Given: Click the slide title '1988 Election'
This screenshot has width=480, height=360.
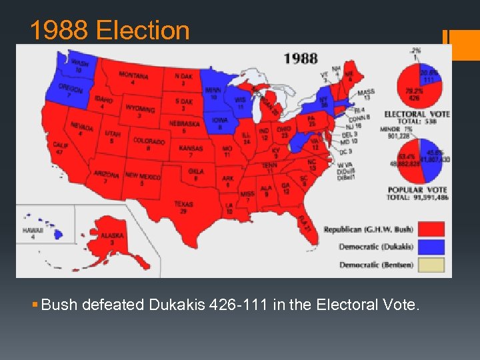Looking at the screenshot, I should coord(110,30).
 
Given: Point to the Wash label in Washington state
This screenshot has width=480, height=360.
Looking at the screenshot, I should coord(79,65).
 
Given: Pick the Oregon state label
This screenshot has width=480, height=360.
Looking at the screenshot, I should coord(70,91).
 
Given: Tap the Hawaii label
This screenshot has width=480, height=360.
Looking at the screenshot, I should coord(32,233).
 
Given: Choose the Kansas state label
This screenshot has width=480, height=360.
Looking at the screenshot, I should coord(191,151).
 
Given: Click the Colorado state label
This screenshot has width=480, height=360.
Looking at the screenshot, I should coord(149,143).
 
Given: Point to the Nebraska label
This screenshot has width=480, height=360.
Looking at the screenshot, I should coord(184,127).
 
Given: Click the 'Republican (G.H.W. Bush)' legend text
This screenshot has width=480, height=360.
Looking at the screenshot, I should coord(368,230).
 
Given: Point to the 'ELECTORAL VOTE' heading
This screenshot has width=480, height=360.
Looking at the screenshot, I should coord(417,114).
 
